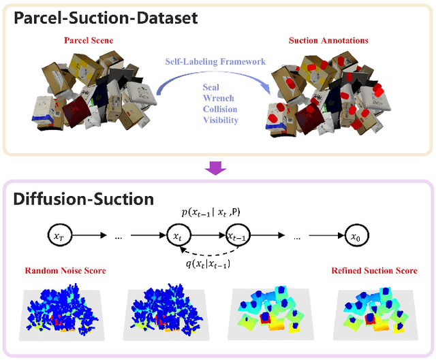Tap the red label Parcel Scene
point(89,41)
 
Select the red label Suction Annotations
point(329,41)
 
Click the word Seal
point(212,88)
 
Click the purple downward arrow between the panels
point(217,167)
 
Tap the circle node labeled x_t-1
point(238,238)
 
